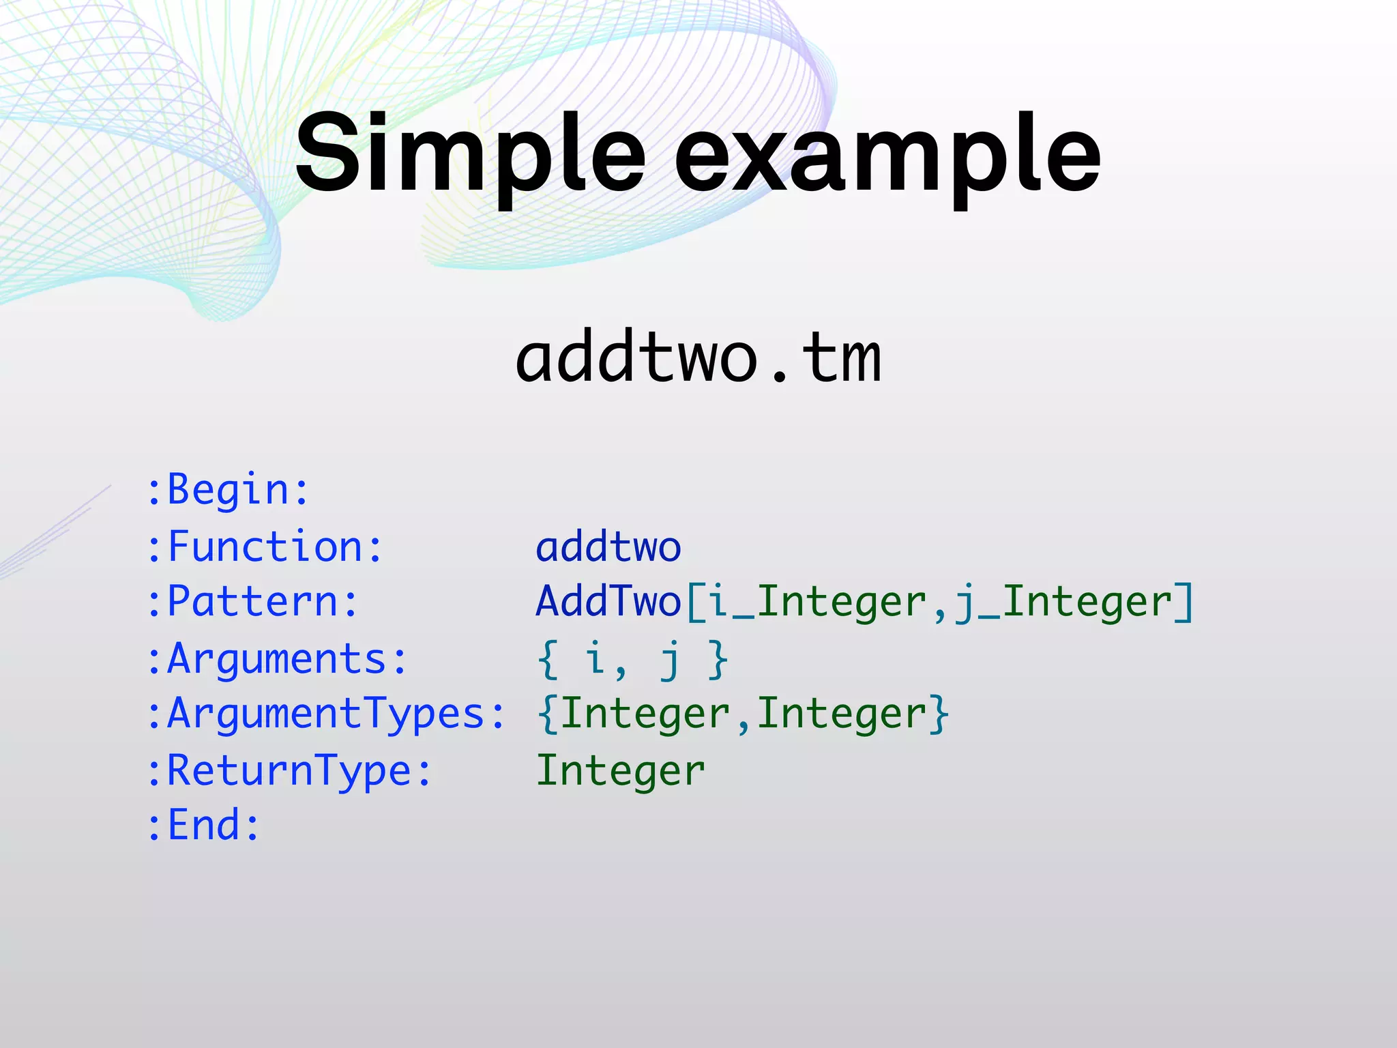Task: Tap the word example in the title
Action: pos(887,156)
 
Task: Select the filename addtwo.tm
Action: pos(698,358)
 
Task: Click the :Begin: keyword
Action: pos(229,490)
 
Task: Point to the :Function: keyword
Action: pos(265,547)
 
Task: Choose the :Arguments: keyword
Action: pos(278,659)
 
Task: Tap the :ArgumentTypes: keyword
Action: pos(327,714)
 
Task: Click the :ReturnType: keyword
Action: pos(290,771)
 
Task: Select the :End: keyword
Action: pos(204,825)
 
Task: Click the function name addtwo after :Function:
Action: pos(608,547)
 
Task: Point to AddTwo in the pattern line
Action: pos(608,602)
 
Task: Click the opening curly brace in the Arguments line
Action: pos(548,659)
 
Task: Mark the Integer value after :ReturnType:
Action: pos(621,771)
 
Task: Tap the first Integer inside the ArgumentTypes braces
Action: pos(645,714)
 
